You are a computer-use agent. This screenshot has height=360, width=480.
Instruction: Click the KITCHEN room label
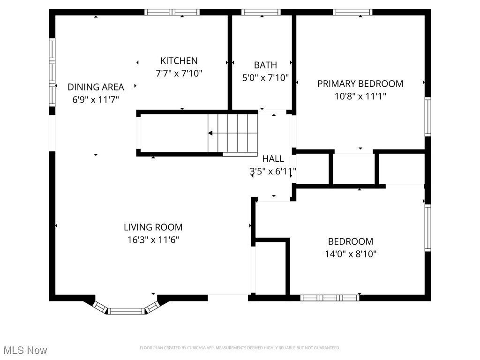tap(179, 60)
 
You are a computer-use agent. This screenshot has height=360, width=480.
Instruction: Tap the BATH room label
tap(265, 65)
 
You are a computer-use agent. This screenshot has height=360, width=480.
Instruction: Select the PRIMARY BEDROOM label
tap(360, 84)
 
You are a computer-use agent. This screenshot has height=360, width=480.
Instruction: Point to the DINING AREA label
tap(96, 87)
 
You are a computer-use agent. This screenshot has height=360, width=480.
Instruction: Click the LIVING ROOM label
tap(153, 227)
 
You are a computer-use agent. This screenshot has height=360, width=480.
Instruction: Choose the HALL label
tap(273, 158)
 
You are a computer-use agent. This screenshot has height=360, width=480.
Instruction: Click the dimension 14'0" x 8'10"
tap(351, 254)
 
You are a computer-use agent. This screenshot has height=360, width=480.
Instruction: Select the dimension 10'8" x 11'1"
tap(360, 96)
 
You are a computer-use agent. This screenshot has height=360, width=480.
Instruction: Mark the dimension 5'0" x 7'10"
tap(265, 77)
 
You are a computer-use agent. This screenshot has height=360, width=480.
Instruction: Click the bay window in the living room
tap(126, 309)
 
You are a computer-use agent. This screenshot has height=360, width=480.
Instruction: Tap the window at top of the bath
tap(261, 12)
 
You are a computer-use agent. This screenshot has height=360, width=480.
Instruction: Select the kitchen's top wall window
tap(172, 12)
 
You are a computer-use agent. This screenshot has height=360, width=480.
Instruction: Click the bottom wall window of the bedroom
tap(330, 298)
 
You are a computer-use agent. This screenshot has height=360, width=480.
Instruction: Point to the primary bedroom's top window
tap(352, 12)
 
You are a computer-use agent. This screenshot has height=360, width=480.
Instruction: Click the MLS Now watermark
tap(25, 350)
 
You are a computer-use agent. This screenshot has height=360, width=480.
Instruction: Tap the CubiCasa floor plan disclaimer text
tap(240, 348)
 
